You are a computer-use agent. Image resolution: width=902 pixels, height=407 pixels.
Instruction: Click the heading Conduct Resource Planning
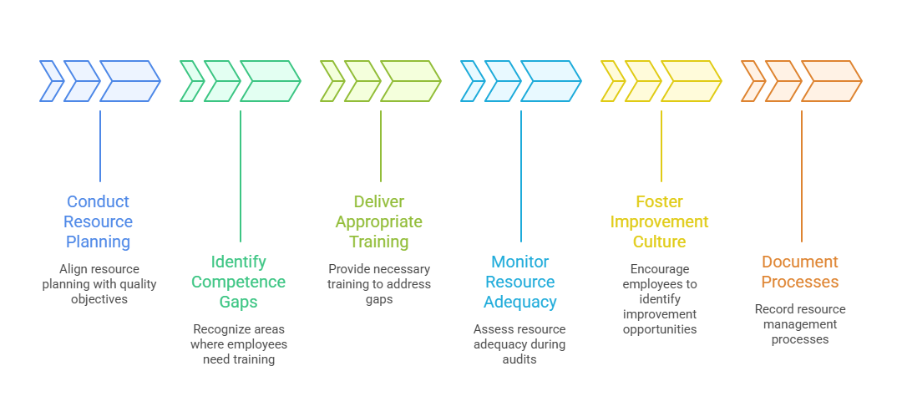tap(99, 221)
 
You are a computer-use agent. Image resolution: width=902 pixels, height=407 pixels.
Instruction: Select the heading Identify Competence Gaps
tap(239, 282)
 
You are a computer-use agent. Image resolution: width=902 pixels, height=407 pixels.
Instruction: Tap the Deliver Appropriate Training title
tap(379, 221)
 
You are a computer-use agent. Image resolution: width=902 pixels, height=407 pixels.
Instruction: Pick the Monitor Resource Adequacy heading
tap(520, 282)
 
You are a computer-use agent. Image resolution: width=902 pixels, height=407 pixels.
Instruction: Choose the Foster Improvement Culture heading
tap(660, 221)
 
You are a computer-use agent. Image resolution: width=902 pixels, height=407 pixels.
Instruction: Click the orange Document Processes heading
tap(800, 272)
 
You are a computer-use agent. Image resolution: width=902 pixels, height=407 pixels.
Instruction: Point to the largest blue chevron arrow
tap(130, 81)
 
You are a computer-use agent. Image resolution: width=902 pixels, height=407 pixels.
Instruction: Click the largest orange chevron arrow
tap(832, 81)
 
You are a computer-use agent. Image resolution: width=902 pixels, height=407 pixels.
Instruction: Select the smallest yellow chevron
tap(612, 81)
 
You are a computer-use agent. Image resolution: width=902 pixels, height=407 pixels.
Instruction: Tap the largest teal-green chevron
tap(271, 81)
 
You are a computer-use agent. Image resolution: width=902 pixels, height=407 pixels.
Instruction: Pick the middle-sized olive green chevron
tap(362, 81)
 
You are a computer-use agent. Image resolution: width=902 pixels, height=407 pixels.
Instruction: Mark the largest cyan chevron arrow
tap(551, 81)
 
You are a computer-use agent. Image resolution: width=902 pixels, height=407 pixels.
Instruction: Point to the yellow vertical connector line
tap(661, 146)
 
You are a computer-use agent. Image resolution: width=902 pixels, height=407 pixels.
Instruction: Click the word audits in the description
tap(519, 359)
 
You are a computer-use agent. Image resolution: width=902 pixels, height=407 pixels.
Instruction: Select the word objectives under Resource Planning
tap(99, 299)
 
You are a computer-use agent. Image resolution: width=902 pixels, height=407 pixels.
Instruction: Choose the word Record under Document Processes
tap(773, 309)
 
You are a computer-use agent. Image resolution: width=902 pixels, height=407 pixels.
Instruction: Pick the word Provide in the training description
tap(351, 269)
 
